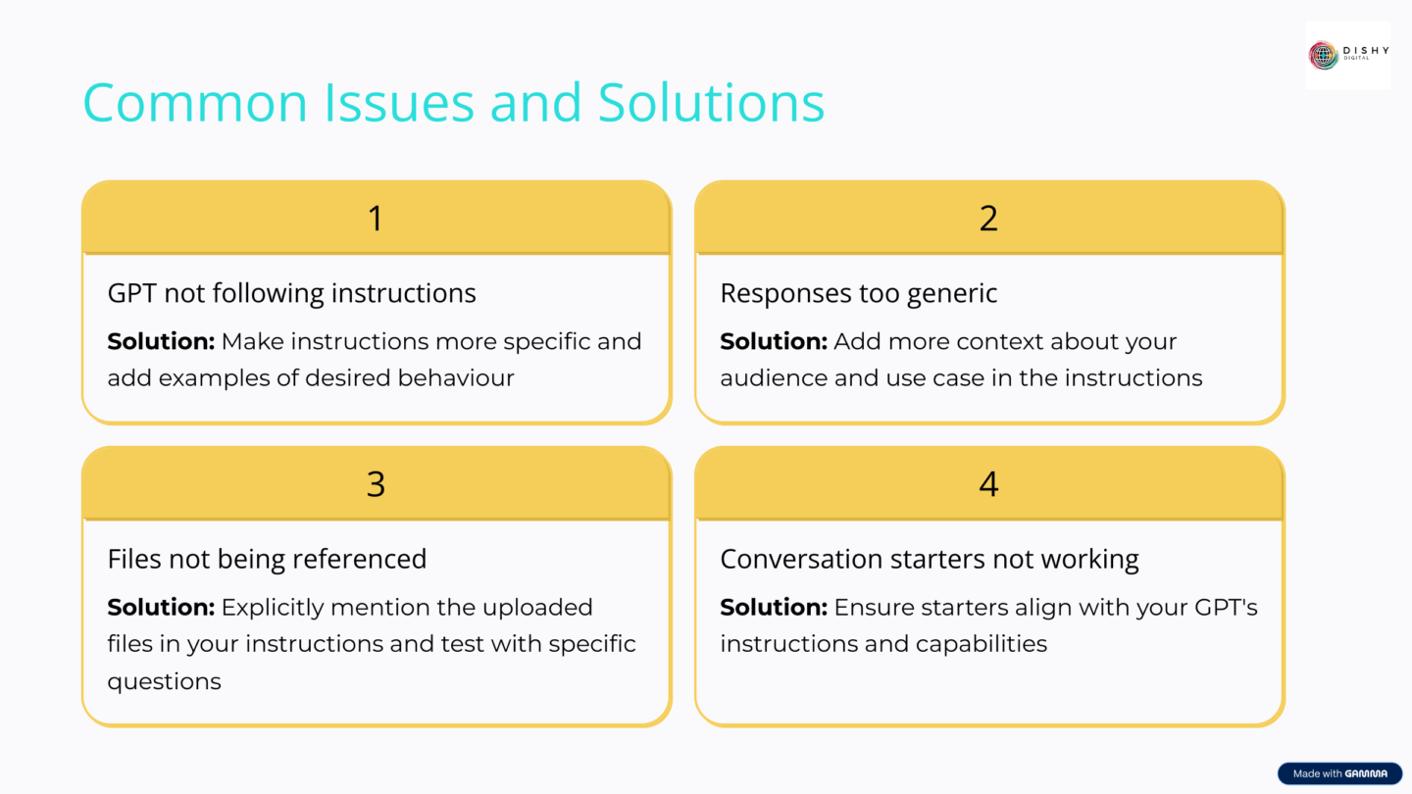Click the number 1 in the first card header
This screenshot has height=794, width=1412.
[376, 218]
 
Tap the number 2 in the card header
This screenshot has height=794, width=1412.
[988, 218]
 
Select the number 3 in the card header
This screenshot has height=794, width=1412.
[376, 483]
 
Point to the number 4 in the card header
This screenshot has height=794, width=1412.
[988, 483]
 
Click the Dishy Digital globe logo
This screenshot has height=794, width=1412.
[1323, 55]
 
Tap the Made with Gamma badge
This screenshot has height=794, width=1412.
[1339, 773]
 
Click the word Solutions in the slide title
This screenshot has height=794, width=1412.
[711, 102]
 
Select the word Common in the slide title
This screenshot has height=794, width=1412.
[195, 102]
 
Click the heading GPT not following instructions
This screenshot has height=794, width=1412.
[291, 293]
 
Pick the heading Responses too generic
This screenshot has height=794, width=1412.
[858, 293]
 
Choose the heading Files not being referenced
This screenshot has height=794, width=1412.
[267, 559]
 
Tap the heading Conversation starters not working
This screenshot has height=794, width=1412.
[929, 559]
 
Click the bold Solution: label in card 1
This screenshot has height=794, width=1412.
[161, 341]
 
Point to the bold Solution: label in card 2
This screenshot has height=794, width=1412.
[774, 341]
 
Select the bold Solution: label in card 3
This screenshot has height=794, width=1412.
[161, 607]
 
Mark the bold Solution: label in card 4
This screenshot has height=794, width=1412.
[774, 607]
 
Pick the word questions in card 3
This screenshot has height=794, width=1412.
[164, 681]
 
